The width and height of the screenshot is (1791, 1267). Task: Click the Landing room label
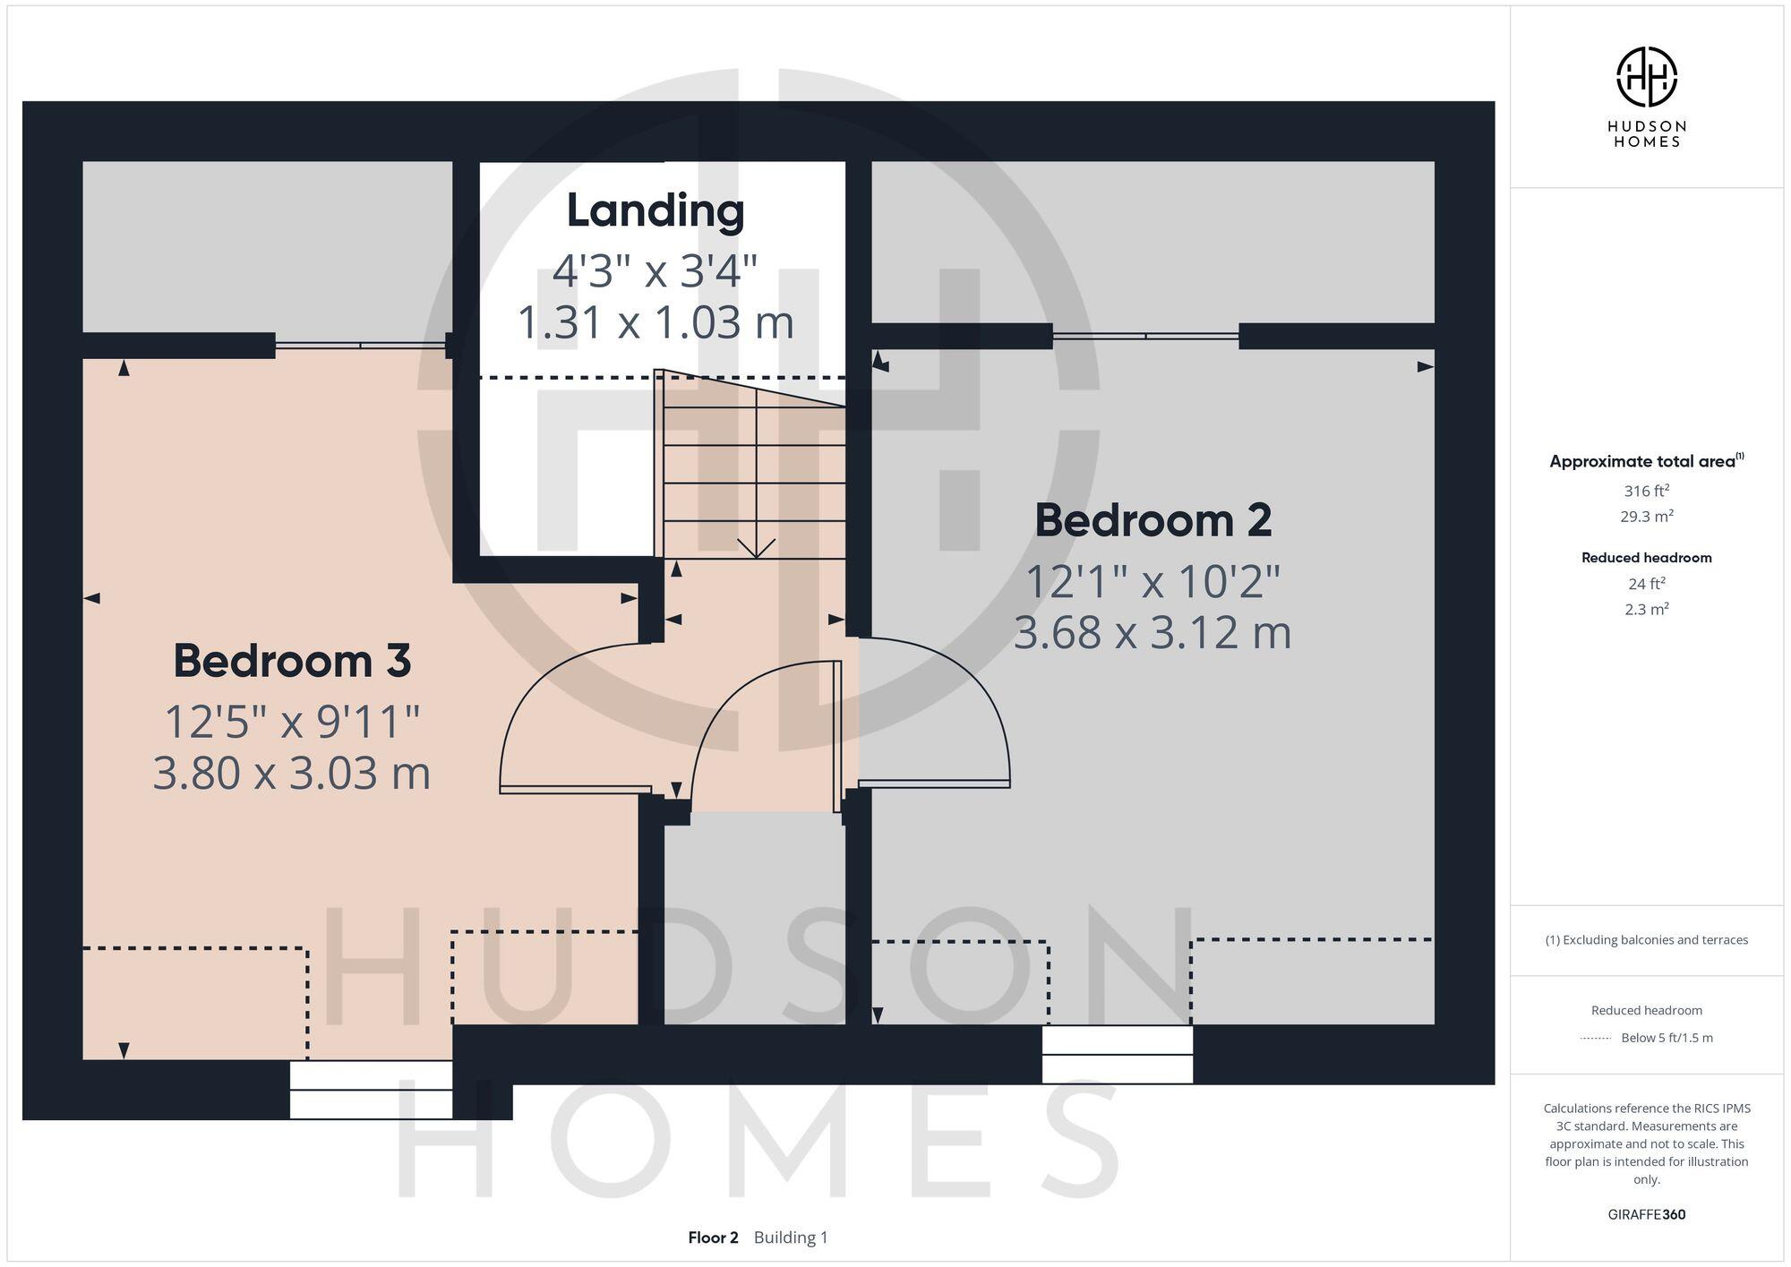pos(656,211)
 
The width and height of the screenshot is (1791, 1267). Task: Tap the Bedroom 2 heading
pos(1153,520)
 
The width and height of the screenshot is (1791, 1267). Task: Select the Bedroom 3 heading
pos(292,661)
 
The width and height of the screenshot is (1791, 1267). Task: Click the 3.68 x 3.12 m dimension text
pos(1153,632)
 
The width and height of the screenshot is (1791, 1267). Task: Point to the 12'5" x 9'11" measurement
pos(292,722)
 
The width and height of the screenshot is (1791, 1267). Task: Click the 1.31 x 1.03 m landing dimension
pos(656,322)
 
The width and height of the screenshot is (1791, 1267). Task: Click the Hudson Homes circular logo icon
pos(1646,77)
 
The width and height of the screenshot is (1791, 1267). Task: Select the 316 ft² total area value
pos(1646,491)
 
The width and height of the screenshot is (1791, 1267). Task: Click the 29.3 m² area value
pos(1646,517)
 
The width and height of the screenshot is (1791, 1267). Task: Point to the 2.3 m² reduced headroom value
pos(1646,610)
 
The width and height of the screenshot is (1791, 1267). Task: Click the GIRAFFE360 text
pos(1646,1215)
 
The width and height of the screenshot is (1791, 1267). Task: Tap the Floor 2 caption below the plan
pos(713,1237)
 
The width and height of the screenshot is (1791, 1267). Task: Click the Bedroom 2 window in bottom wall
pos(1118,1055)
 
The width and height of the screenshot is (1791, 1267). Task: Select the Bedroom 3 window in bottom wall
pos(371,1090)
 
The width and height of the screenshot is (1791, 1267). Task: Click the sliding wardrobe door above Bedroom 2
pos(1145,336)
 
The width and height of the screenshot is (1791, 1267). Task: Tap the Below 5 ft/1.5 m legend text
pos(1666,1038)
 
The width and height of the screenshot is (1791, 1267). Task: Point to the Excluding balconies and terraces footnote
pos(1646,940)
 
